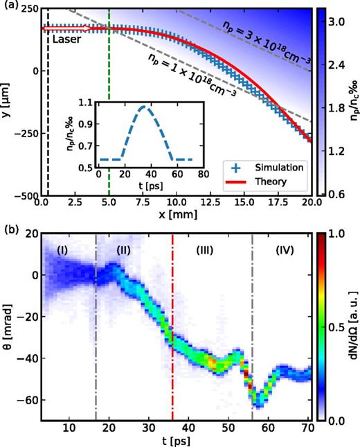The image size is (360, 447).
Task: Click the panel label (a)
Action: click(8, 6)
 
